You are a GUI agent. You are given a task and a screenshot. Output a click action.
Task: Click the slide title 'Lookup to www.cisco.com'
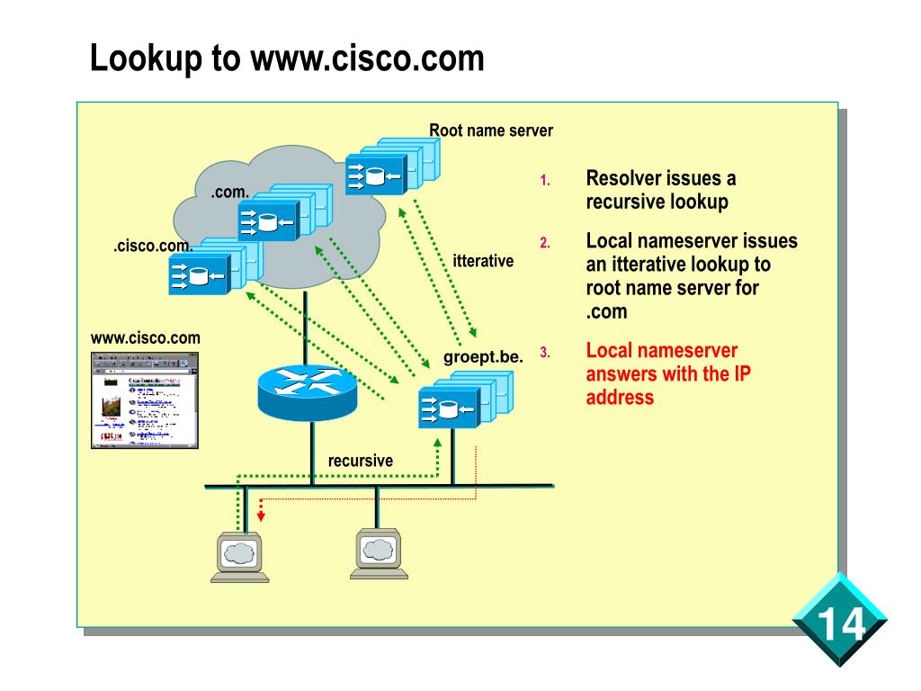pos(287,58)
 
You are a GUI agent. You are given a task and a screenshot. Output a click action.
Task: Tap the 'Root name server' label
pos(490,130)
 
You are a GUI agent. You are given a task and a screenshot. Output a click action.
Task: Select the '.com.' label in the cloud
pos(229,193)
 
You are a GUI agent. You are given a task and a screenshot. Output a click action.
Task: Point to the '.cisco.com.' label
pos(153,247)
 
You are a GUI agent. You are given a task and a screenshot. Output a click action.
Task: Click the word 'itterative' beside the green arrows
pos(483,261)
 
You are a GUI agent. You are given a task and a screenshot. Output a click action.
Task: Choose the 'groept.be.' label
pos(483,357)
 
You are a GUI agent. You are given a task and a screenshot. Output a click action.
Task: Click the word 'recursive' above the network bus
pos(360,461)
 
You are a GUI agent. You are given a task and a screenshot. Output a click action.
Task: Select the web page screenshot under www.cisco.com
pos(145,399)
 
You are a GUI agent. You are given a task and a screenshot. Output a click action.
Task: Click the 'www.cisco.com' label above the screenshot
pos(145,338)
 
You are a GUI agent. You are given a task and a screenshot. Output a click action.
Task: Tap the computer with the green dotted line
pos(238,558)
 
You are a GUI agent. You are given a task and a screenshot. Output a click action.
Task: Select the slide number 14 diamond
pos(840,620)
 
